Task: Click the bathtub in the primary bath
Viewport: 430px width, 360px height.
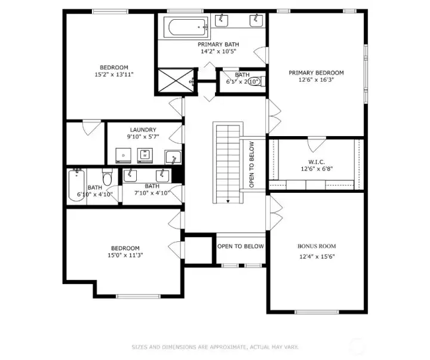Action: coord(186,27)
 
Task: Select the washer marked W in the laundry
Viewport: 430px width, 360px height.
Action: coord(145,155)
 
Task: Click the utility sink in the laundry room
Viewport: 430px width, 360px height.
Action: coord(173,157)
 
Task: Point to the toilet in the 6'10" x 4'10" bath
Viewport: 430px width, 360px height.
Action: coord(107,178)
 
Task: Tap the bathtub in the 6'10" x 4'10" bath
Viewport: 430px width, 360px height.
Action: coord(77,185)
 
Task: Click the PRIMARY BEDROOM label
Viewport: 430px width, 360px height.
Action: coord(316,73)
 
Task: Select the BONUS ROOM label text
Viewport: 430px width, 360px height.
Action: coord(317,246)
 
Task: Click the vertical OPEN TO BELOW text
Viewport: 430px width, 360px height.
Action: coord(251,164)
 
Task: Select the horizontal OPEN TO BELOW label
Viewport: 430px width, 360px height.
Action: coord(241,246)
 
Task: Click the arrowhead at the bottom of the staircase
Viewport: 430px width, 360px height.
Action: coord(228,201)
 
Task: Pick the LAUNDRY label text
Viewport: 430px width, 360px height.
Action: coord(143,130)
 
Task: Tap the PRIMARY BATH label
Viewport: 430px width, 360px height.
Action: coord(218,44)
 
